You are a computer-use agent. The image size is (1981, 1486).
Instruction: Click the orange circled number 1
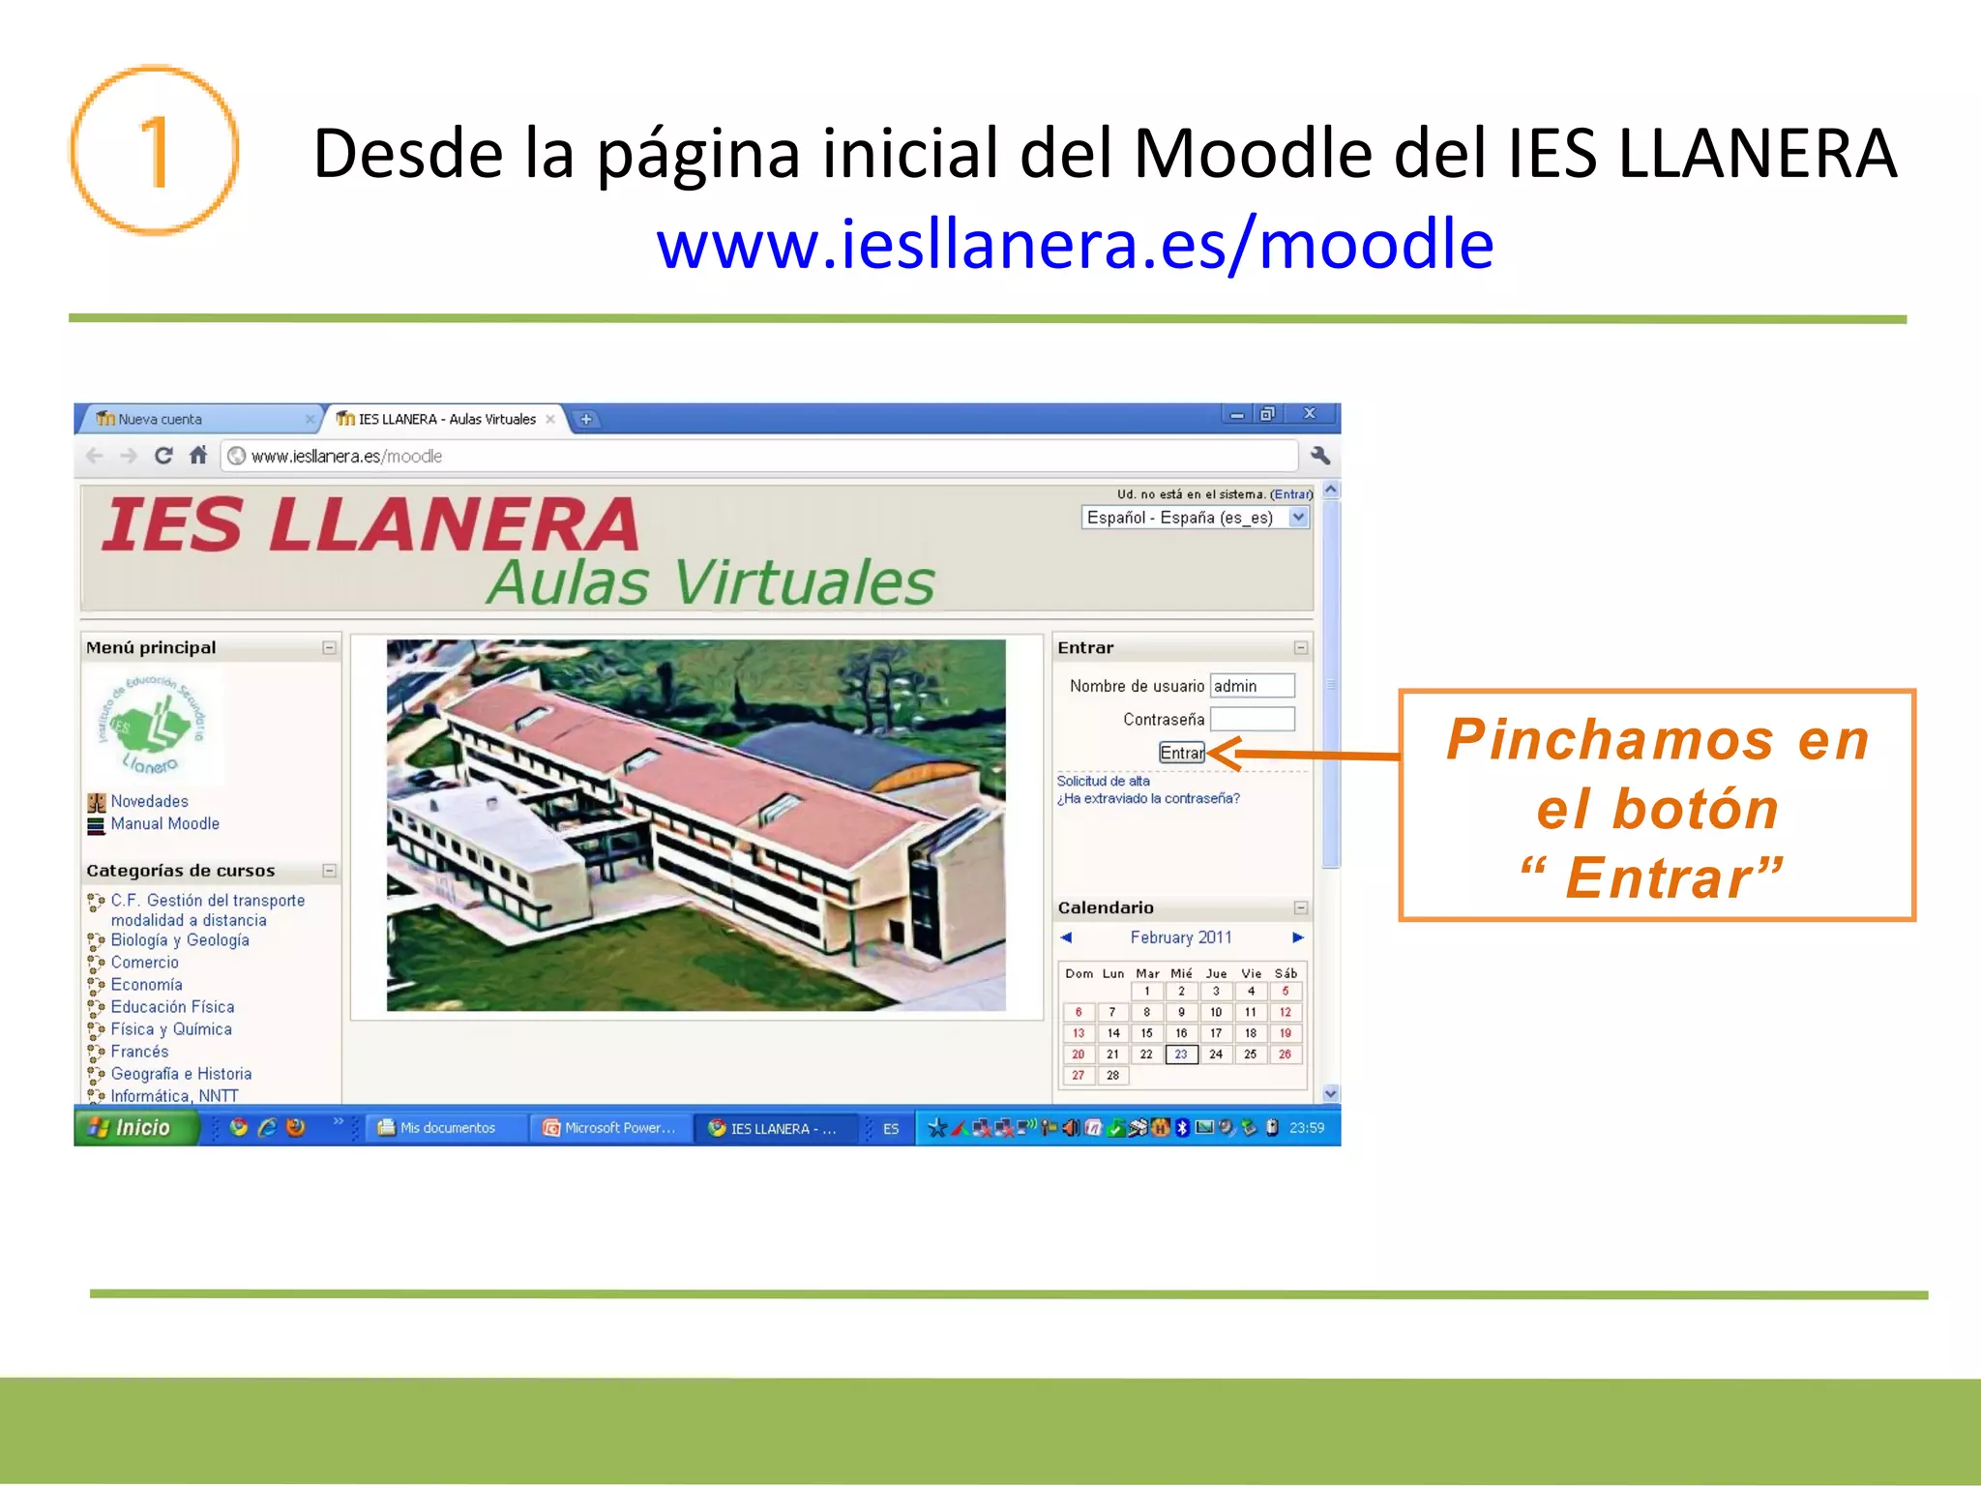[x=154, y=151]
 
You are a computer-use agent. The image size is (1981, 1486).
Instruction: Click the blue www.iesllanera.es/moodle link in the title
[x=1075, y=244]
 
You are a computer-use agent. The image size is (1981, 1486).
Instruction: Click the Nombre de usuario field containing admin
[x=1252, y=686]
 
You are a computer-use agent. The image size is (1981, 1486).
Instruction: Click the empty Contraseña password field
[x=1252, y=719]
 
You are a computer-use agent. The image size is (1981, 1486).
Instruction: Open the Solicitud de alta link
[x=1103, y=781]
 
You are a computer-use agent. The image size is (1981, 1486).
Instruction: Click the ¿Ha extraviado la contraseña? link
[x=1148, y=798]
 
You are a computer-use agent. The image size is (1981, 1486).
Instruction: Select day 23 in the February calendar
[x=1181, y=1055]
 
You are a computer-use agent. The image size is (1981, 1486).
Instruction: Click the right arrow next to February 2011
[x=1297, y=937]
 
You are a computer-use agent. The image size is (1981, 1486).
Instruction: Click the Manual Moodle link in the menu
[x=164, y=823]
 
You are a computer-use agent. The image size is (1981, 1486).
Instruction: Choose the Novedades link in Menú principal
[x=149, y=801]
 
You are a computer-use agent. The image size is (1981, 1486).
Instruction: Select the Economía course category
[x=146, y=985]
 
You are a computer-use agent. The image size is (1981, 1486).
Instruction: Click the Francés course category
[x=139, y=1052]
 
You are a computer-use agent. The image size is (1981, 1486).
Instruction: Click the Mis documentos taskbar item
[x=445, y=1128]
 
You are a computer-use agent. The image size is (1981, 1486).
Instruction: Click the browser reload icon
[x=163, y=456]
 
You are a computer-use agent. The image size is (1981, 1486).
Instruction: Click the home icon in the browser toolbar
[x=198, y=456]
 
